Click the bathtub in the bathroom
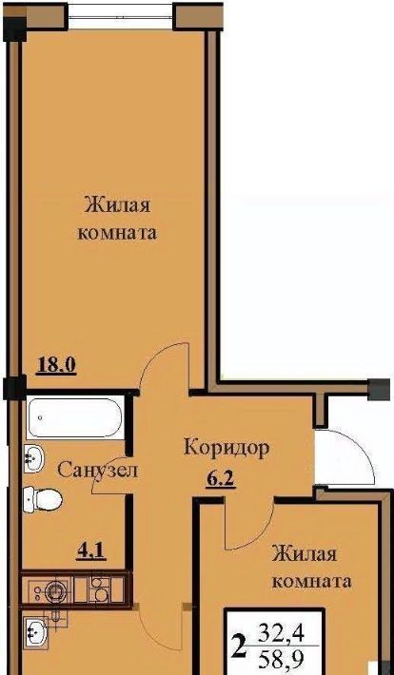[x=75, y=418]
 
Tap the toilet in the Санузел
[x=42, y=499]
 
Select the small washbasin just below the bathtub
[x=34, y=458]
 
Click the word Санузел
[x=98, y=471]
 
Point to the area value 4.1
[x=91, y=551]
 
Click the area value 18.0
[x=57, y=365]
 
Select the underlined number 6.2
[x=220, y=478]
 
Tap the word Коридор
[x=227, y=448]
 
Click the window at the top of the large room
[x=121, y=17]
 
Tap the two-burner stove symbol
[x=100, y=590]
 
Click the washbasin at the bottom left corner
[x=35, y=632]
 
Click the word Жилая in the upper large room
[x=118, y=205]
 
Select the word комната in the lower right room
[x=311, y=583]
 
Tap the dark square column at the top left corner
[x=15, y=29]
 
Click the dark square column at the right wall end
[x=380, y=390]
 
